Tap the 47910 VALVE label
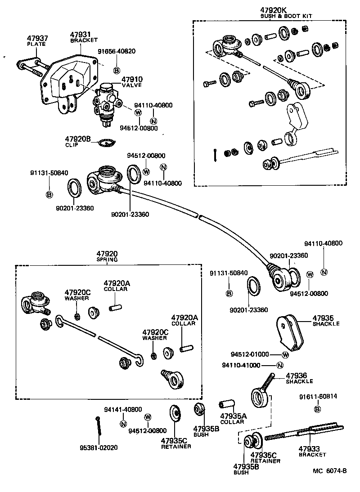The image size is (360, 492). pyautogui.click(x=132, y=81)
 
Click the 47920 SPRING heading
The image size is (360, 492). pyautogui.click(x=107, y=256)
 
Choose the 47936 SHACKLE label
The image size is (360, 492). pyautogui.click(x=299, y=378)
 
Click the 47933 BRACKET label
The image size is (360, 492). pyautogui.click(x=312, y=452)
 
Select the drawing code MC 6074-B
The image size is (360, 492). pyautogui.click(x=329, y=471)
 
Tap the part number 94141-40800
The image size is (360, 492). pyautogui.click(x=123, y=410)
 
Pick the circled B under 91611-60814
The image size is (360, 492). pyautogui.click(x=317, y=409)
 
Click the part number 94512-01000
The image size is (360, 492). pyautogui.click(x=250, y=354)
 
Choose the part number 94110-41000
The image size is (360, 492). pyautogui.click(x=241, y=365)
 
